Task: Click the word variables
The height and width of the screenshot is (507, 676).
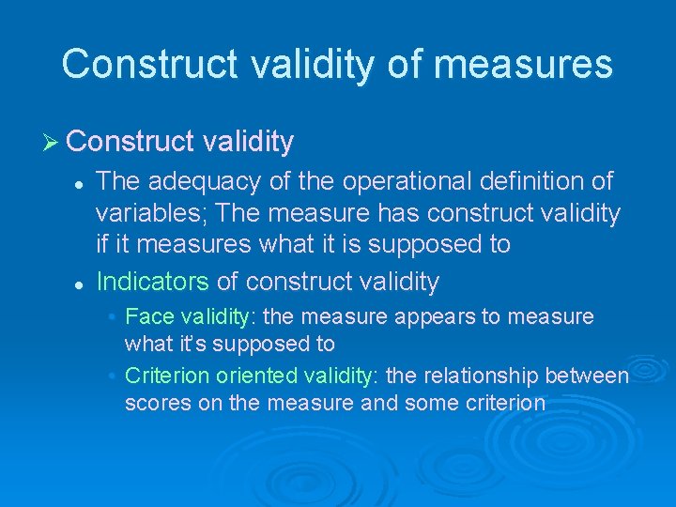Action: click(x=150, y=213)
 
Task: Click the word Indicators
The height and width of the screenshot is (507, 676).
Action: click(x=152, y=281)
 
